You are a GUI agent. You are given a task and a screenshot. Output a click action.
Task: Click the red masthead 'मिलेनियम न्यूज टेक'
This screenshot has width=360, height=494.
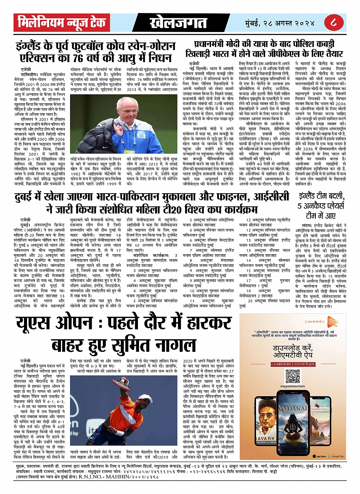[x=62, y=23]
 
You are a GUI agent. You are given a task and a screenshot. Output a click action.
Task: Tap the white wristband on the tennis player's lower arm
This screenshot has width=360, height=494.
[x=119, y=433]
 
